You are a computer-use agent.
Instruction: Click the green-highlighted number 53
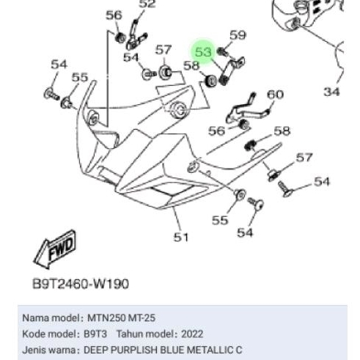(x=203, y=52)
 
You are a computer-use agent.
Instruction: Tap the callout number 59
(x=238, y=35)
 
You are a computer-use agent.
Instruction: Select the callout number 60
(x=274, y=95)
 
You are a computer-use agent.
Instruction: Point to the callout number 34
(x=331, y=92)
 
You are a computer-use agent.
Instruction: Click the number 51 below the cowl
(x=181, y=237)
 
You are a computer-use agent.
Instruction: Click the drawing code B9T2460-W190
(x=82, y=283)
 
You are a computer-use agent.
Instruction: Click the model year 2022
(x=191, y=334)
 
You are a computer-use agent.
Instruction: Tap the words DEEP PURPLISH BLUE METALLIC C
(x=162, y=350)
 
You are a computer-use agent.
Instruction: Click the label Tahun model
(x=142, y=334)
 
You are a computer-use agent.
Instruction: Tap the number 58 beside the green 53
(x=191, y=66)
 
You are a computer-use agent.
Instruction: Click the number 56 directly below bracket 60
(x=217, y=131)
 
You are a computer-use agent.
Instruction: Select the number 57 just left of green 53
(x=164, y=51)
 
